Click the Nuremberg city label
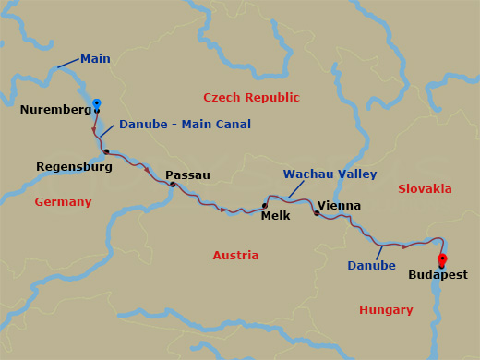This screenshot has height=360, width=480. point(54,110)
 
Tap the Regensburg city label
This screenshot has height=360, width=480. point(74,167)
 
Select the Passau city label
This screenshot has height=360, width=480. point(187,175)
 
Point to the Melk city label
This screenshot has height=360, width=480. point(275,216)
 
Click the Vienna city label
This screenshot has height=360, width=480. point(339,206)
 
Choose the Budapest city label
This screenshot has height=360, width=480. point(438,275)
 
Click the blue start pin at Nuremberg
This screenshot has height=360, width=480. point(97,103)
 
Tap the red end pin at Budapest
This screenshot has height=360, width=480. point(442,259)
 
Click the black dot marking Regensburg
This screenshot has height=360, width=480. point(107,152)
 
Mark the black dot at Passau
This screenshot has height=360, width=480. point(173,185)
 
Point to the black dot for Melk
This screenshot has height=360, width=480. point(265,206)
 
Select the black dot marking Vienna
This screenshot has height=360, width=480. point(317,213)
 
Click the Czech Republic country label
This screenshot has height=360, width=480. point(251,97)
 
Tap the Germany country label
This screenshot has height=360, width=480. point(63,202)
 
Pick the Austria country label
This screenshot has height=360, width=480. point(235,255)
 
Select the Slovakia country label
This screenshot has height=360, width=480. point(425,189)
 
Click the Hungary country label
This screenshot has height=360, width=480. point(386,310)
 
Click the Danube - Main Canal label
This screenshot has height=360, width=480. point(185,125)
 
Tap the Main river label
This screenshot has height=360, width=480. point(95,59)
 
